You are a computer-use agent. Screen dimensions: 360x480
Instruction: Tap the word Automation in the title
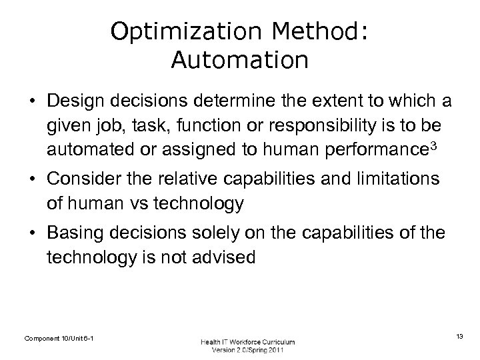(x=239, y=60)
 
